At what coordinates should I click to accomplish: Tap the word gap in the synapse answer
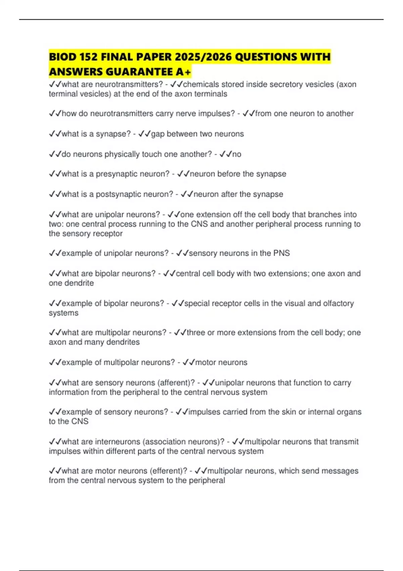tap(158, 134)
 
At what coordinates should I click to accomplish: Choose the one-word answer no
tap(237, 154)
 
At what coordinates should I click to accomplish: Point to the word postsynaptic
tap(117, 194)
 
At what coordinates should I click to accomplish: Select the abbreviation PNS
tap(281, 253)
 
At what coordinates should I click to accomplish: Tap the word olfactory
tap(338, 303)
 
